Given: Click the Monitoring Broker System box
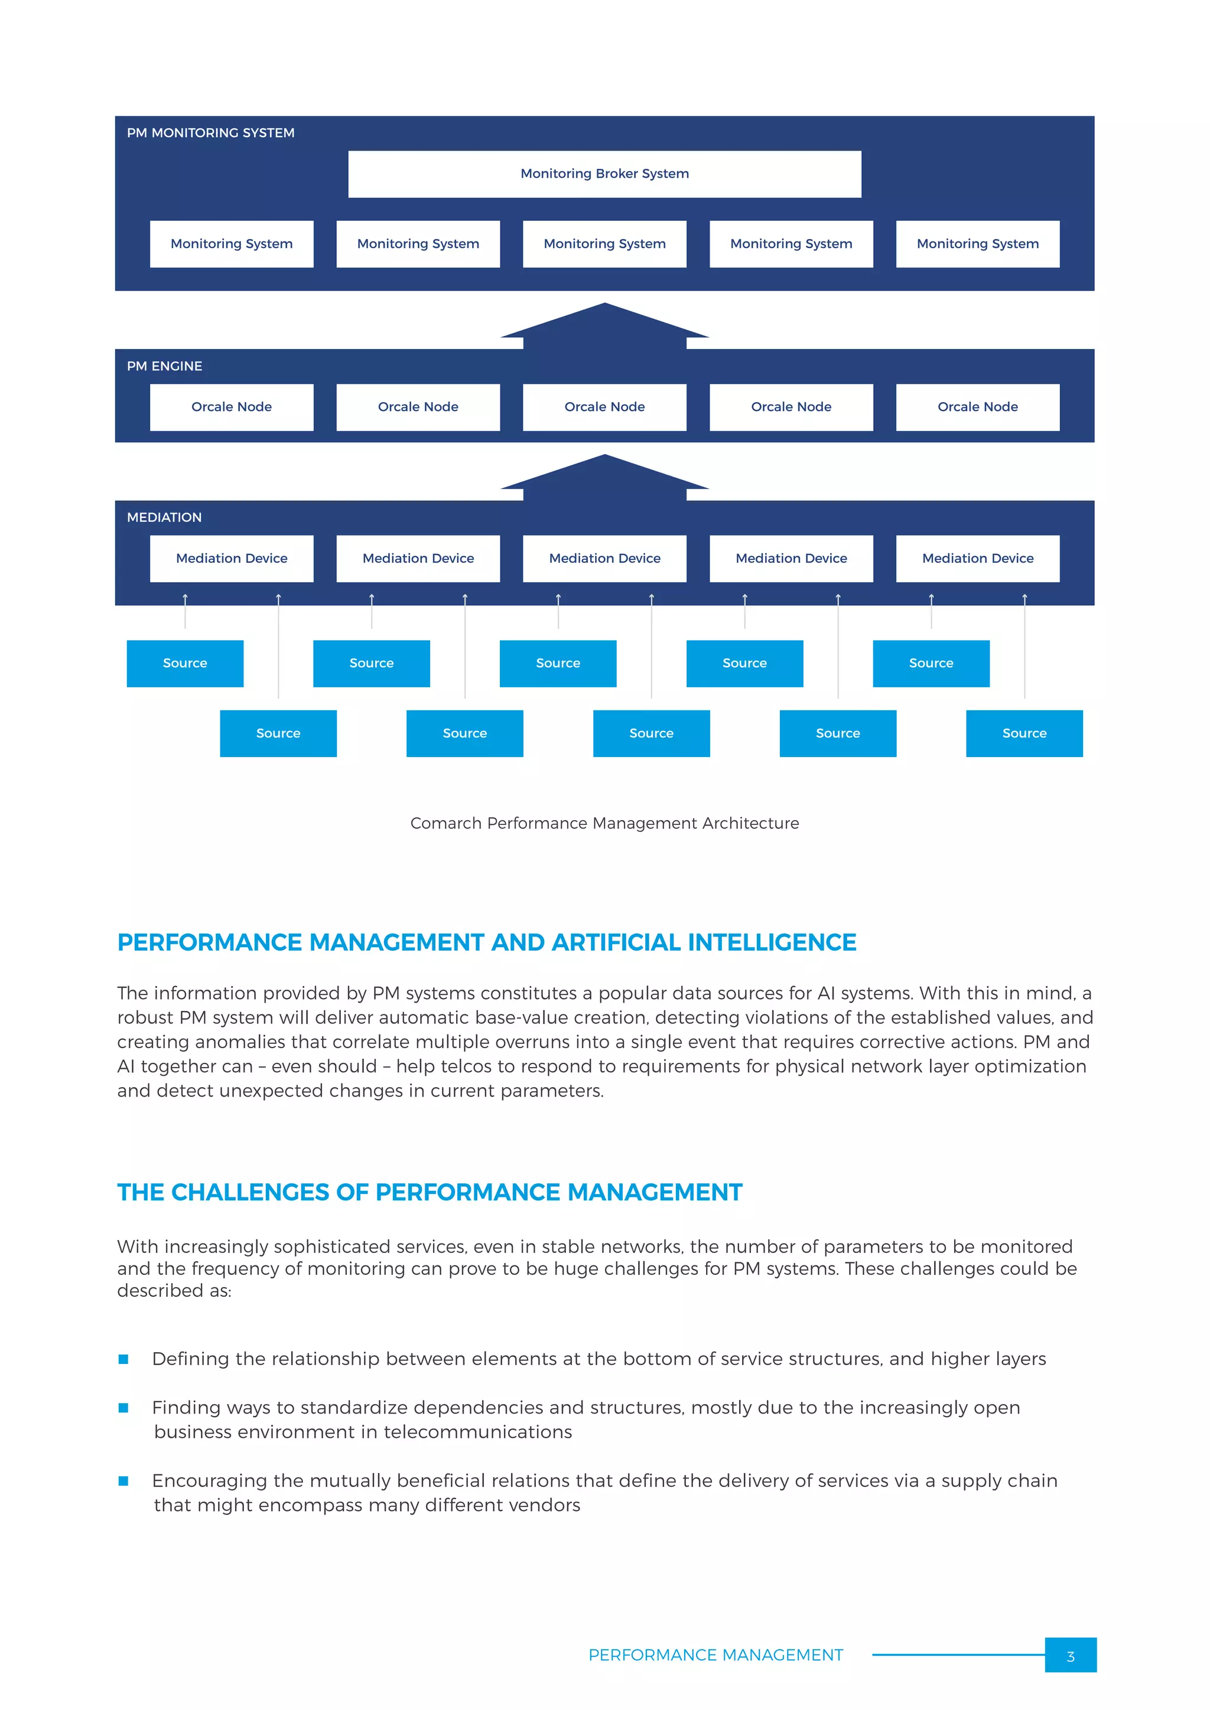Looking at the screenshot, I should [604, 174].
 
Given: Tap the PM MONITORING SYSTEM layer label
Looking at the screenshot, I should [210, 133].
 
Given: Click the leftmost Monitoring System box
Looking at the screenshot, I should [231, 243].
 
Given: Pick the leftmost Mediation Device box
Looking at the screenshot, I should [231, 559].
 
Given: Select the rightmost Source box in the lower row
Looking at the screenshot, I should [1024, 733].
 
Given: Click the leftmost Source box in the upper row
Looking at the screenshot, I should [185, 664].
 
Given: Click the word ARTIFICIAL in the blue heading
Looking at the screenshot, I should [616, 943].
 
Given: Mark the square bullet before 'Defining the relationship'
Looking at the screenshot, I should [123, 1359].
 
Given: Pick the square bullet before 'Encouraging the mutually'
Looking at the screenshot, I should [123, 1481].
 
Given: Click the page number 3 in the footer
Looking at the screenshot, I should [1070, 1656].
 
